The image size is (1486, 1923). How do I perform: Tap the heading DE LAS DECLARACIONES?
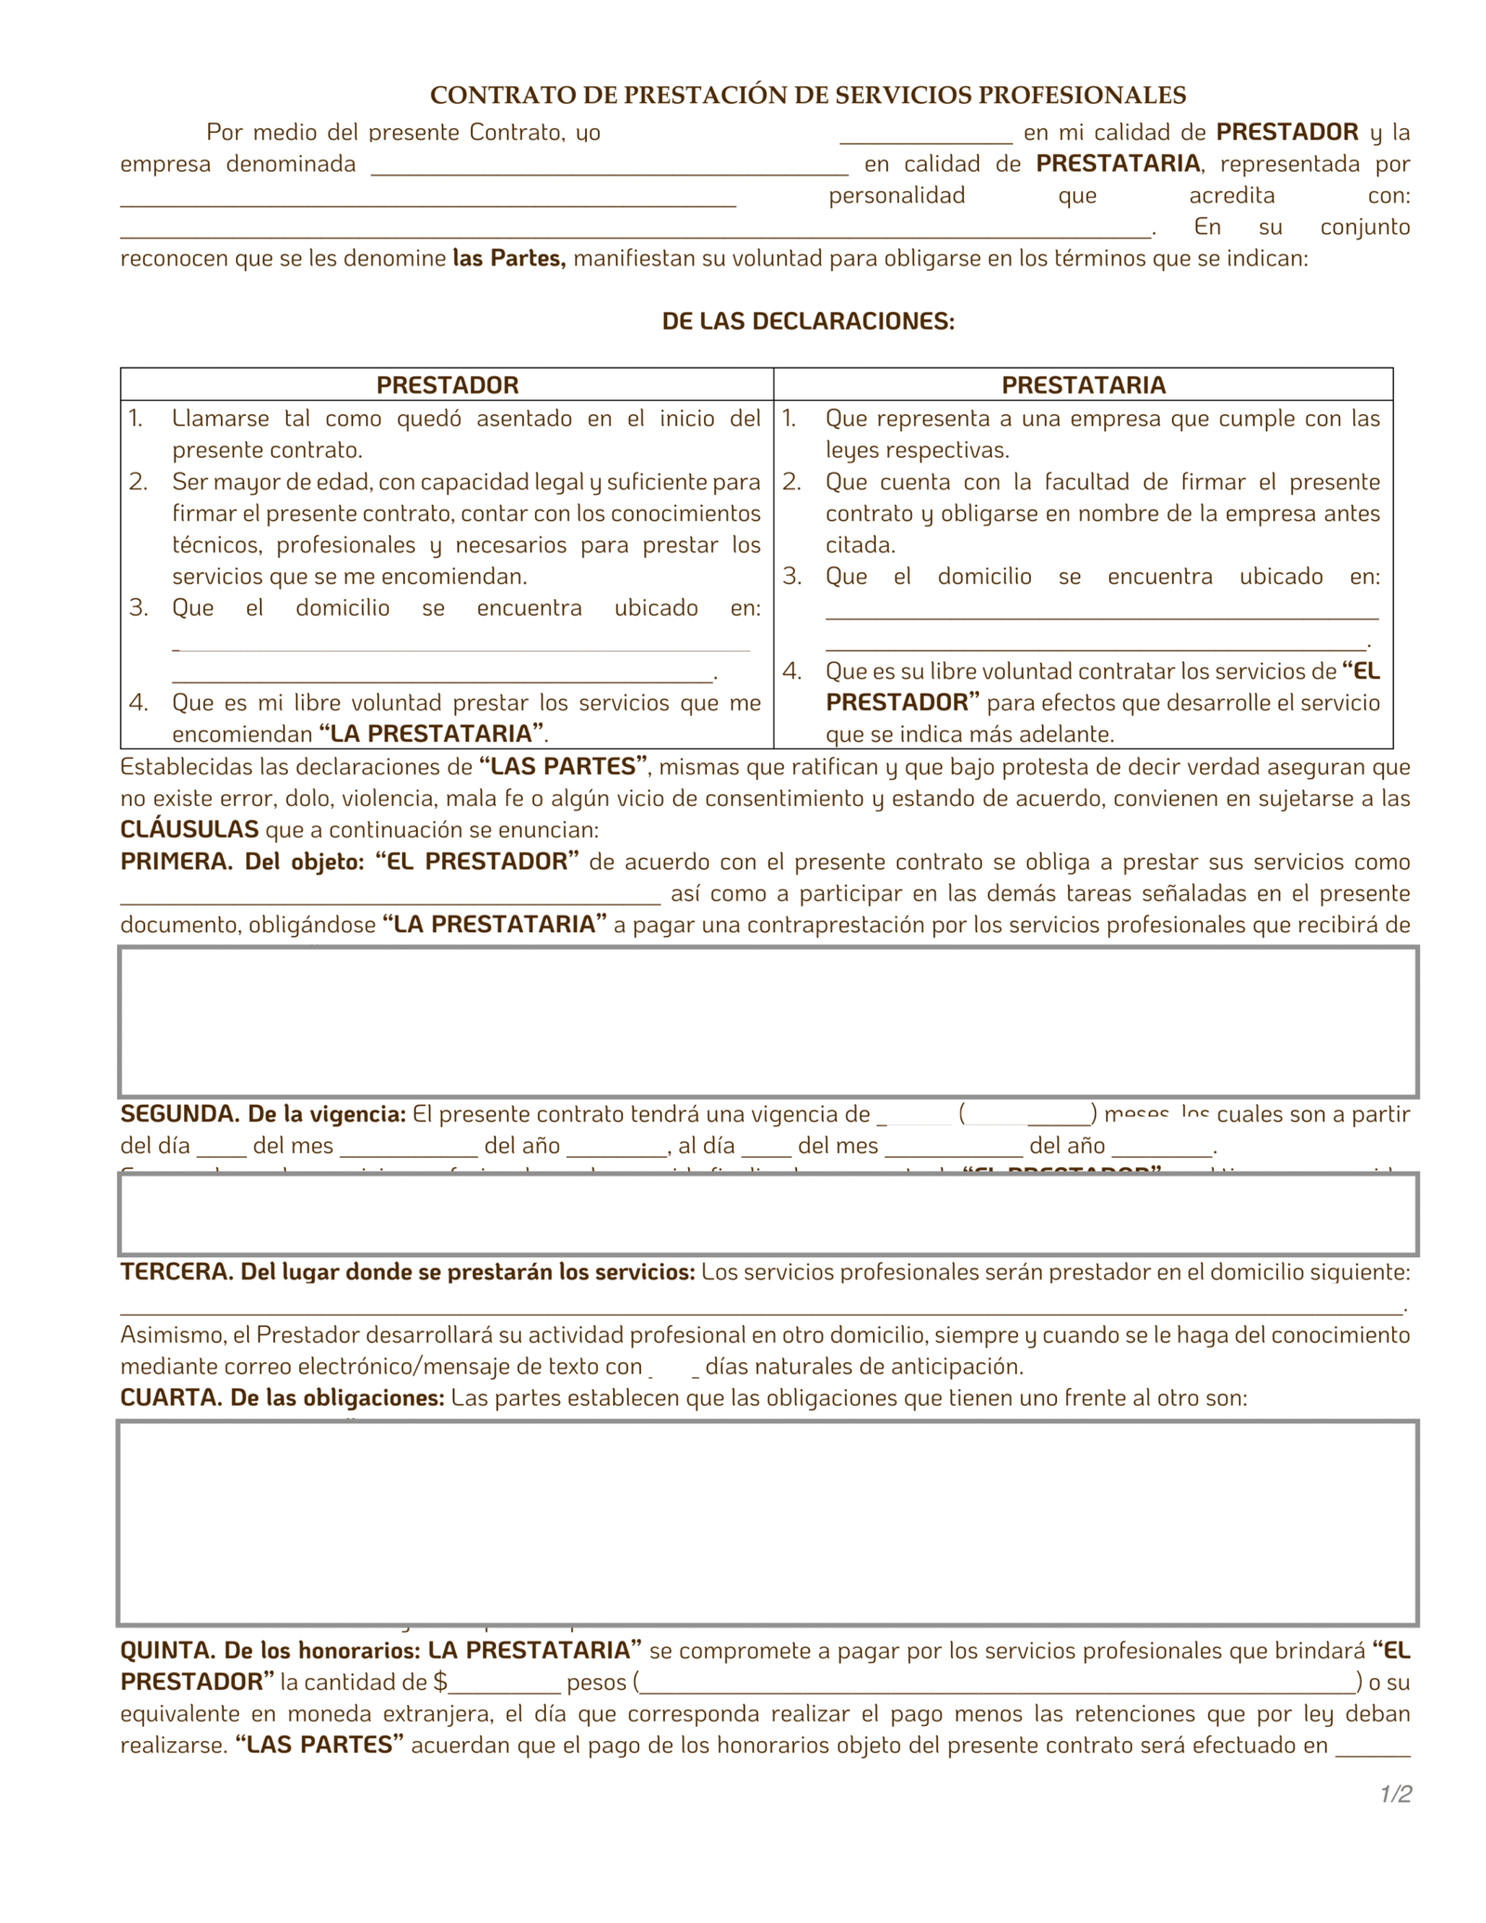coord(808,321)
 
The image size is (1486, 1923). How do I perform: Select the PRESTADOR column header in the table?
coord(447,384)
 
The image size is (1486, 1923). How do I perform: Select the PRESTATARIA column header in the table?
coord(1083,384)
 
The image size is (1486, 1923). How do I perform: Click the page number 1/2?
coord(1395,1794)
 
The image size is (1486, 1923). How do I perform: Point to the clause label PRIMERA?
coord(176,862)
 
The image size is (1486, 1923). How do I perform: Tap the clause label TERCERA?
coord(176,1272)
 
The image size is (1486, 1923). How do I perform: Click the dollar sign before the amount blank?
coord(440,1683)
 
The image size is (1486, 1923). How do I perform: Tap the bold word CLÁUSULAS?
coord(189,830)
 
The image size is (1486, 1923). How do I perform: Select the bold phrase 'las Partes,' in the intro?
coord(509,258)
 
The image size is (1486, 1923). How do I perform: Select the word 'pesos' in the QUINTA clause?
coord(596,1683)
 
